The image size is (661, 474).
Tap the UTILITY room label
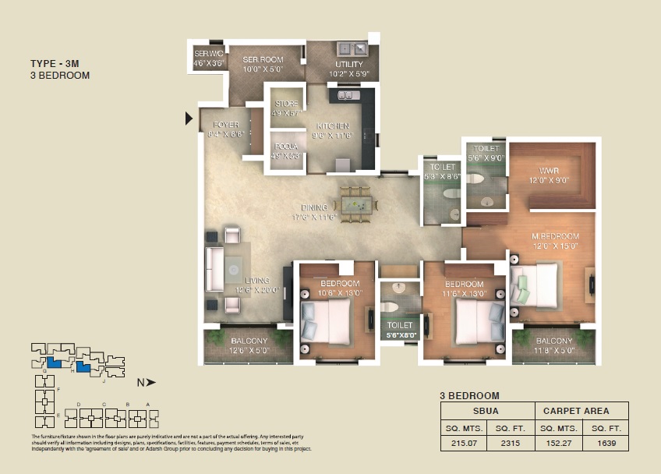(348, 65)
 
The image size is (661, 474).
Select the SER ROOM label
(262, 59)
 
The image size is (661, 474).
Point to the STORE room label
(286, 104)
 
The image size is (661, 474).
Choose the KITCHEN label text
(333, 126)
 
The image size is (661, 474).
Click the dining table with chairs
(356, 204)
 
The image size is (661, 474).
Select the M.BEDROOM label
(556, 236)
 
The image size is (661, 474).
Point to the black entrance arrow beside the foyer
(189, 118)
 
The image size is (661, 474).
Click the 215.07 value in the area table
(464, 444)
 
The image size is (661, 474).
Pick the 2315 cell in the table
(511, 444)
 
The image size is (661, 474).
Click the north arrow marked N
(146, 382)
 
